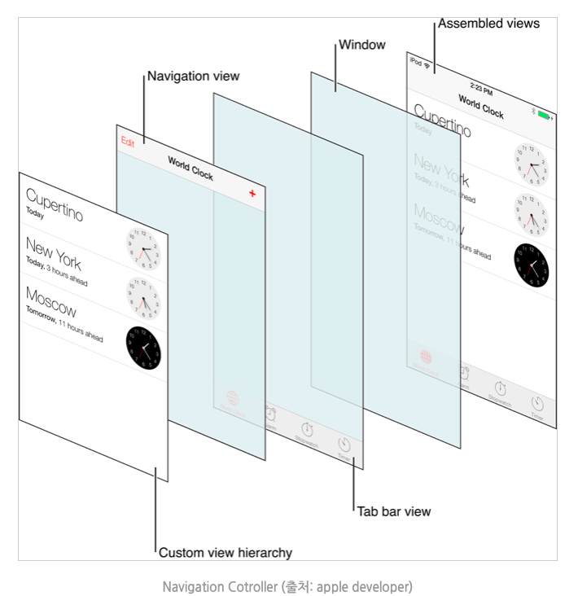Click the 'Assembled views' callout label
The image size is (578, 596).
pos(488,24)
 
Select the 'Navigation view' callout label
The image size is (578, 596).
pos(193,77)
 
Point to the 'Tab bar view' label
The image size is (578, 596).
pos(393,511)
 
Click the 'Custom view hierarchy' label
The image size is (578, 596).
pos(225,553)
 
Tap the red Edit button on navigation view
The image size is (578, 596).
pos(128,142)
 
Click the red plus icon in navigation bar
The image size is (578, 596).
pos(252,193)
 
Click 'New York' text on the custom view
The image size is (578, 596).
pos(53,251)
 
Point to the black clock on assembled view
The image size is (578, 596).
pos(531,261)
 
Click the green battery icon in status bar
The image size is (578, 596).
pos(545,115)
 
